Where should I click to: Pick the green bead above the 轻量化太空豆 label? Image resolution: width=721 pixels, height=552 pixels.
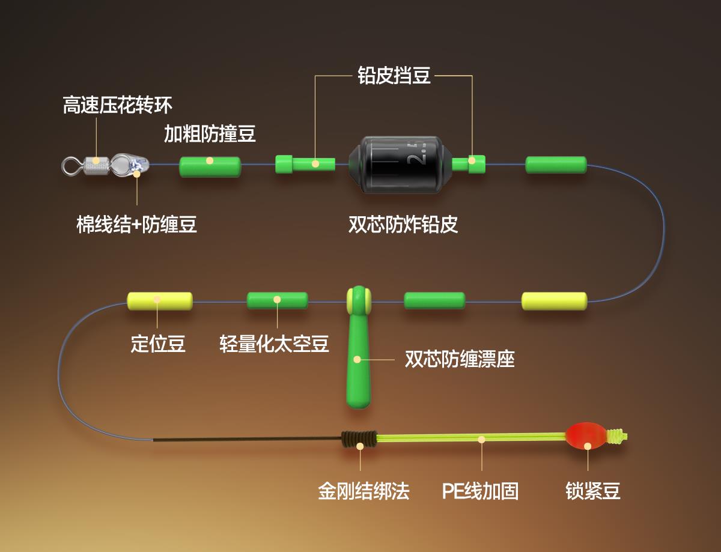point(277,300)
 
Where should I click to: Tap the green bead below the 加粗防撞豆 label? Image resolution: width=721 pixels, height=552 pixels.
point(210,166)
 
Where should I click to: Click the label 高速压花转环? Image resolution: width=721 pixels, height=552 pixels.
point(118,106)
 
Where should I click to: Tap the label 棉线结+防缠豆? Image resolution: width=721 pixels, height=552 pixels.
point(137,225)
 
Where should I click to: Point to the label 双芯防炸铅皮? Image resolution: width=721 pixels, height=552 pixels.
point(403,224)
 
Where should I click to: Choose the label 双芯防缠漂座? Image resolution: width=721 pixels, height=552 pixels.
point(460,359)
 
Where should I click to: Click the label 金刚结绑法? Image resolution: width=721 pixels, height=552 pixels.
point(364,491)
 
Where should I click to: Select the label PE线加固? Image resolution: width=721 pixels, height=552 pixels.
point(480,491)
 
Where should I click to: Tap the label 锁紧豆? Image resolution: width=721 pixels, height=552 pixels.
point(592,491)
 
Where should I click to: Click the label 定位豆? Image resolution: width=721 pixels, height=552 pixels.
point(158,344)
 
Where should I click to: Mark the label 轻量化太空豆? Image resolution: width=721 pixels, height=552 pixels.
point(274,344)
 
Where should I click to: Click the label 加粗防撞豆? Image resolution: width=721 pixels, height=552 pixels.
point(210,134)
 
